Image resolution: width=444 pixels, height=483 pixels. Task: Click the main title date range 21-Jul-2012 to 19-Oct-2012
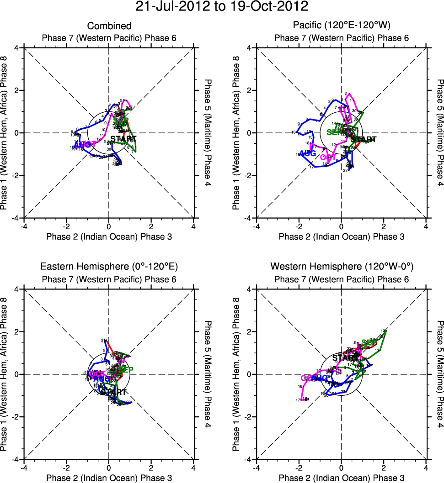coord(222,7)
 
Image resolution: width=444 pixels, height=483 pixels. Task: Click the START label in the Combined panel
coord(123,138)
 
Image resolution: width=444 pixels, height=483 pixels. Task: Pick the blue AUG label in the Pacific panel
coord(308,153)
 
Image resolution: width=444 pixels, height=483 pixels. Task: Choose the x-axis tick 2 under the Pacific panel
coord(384,226)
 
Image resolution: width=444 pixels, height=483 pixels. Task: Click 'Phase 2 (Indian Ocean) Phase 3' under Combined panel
coord(109,236)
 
